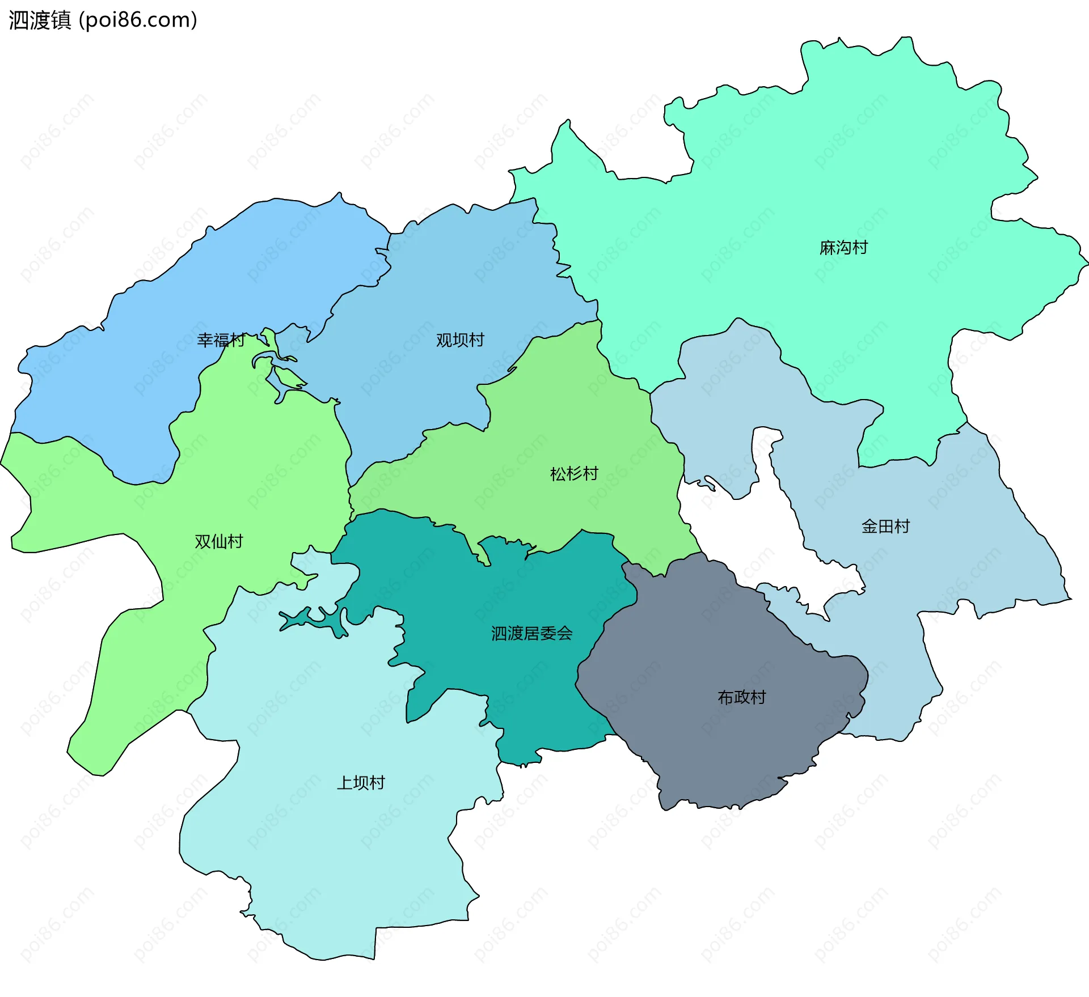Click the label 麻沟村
[843, 248]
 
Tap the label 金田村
[885, 527]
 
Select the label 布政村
[742, 697]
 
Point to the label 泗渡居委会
[531, 634]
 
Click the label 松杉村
[574, 474]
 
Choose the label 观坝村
[460, 340]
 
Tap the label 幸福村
[221, 340]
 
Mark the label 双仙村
[218, 542]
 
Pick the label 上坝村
[361, 783]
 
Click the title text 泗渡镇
[40, 20]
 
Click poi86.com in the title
[138, 20]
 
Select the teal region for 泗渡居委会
[510, 680]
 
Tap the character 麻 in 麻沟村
[828, 248]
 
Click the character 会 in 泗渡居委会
[565, 634]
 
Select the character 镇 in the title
[61, 20]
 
